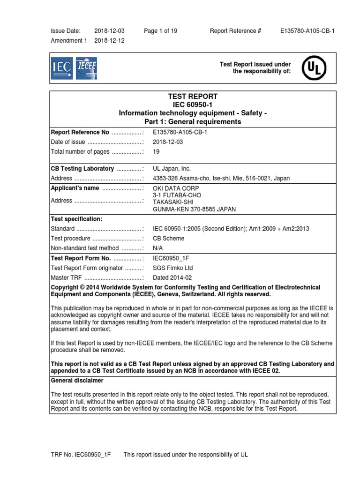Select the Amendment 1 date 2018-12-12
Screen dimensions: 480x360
tap(109, 41)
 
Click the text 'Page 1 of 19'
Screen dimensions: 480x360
tap(161, 31)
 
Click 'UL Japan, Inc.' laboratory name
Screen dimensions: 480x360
tap(172, 169)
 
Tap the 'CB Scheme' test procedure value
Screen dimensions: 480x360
tap(169, 238)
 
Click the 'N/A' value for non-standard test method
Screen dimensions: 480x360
tap(158, 248)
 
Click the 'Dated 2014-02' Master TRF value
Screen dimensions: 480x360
tap(172, 277)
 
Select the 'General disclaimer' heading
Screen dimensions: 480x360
tap(77, 381)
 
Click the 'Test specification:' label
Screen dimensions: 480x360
tap(76, 218)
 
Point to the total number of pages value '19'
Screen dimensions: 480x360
tap(157, 152)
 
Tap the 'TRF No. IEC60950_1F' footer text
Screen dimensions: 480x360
tap(78, 455)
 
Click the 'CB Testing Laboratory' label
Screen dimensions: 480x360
tap(82, 169)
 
